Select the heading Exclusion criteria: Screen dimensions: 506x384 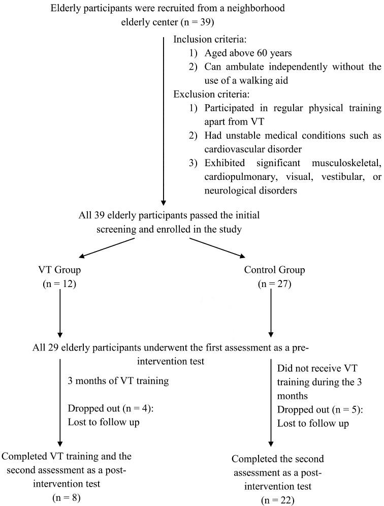[209, 94]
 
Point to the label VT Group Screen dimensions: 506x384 [59, 270]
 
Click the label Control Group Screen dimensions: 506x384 [274, 270]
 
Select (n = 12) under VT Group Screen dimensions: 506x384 [59, 284]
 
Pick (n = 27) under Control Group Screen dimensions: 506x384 [274, 284]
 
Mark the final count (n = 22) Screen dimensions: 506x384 [277, 500]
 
